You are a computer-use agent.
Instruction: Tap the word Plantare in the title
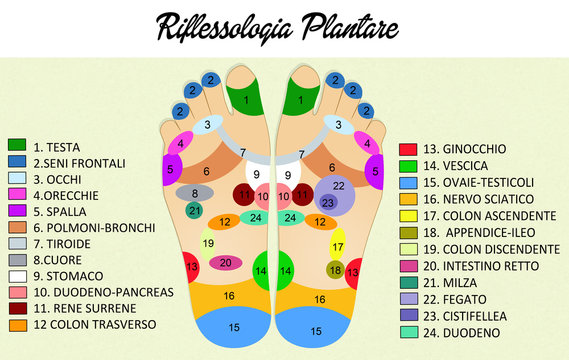click(349, 27)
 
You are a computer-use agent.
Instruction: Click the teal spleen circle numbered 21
click(195, 210)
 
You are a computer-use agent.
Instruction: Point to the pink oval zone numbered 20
click(226, 263)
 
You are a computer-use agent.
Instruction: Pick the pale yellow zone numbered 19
click(208, 243)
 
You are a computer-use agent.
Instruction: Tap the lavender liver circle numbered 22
click(339, 186)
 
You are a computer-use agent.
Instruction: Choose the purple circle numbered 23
click(328, 203)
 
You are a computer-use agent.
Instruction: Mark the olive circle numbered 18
click(336, 270)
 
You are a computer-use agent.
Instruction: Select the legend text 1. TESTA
click(58, 146)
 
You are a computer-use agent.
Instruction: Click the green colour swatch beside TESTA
click(16, 146)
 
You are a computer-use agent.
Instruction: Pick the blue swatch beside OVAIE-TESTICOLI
click(407, 181)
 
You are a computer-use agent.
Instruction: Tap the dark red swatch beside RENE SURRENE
click(16, 309)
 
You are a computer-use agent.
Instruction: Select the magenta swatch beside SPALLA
click(16, 211)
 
